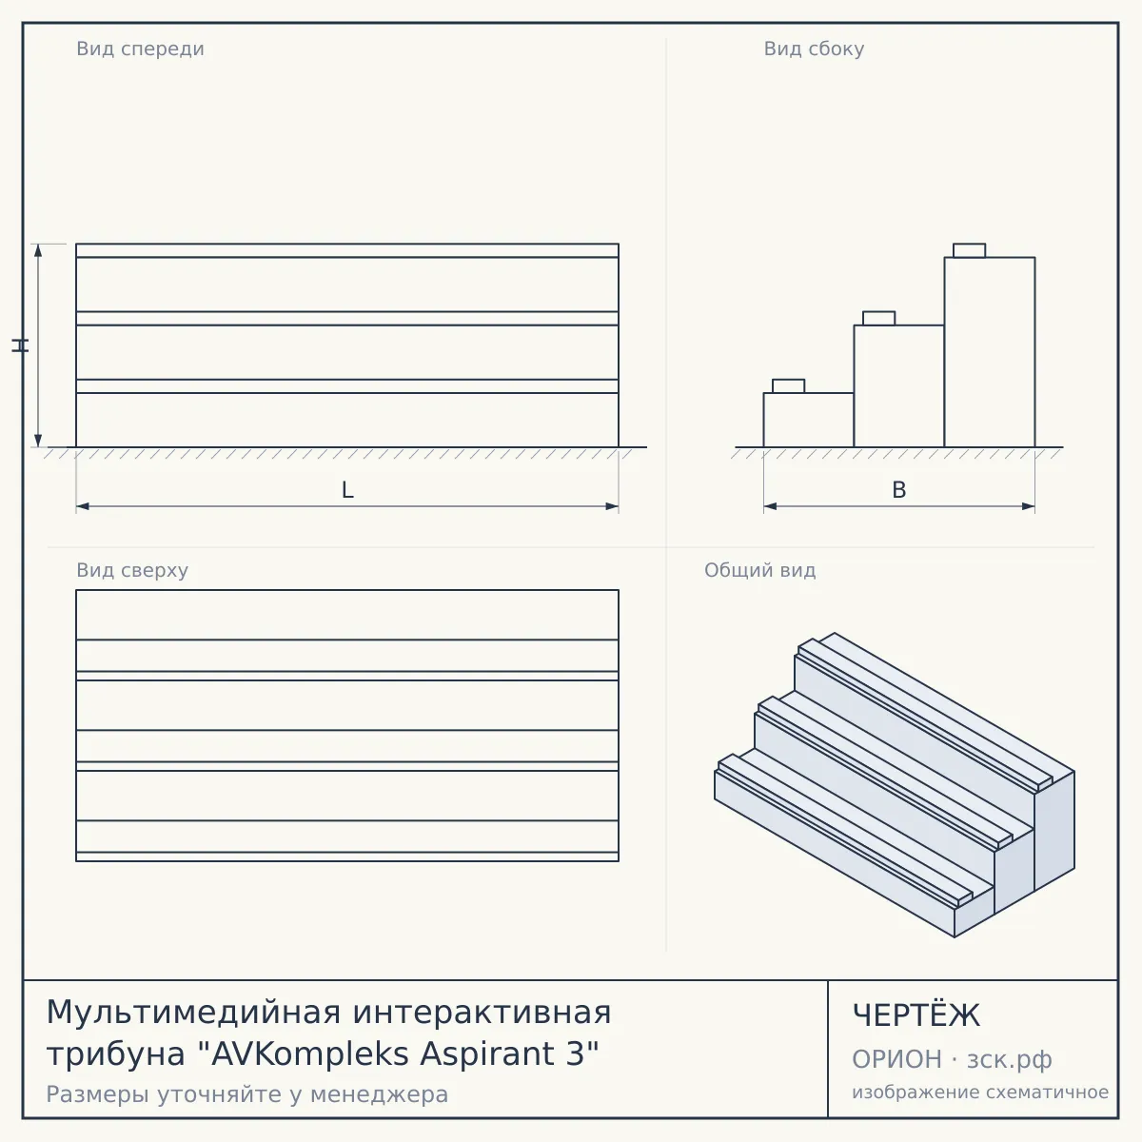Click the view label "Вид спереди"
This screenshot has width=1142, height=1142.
coord(140,49)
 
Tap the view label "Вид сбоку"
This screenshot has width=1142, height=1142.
coord(814,49)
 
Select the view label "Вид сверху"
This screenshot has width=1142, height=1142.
coord(132,570)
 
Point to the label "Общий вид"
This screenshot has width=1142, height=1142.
coord(759,570)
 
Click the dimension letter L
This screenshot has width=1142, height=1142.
coord(347,490)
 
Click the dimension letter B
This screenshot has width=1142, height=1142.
coord(899,490)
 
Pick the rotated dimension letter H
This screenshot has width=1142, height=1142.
coord(20,345)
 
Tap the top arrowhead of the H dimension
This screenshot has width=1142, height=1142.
coord(38,250)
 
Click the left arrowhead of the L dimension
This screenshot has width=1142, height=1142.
coord(83,506)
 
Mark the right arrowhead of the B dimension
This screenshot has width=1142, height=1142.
coord(1028,506)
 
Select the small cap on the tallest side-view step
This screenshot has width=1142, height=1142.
coord(969,250)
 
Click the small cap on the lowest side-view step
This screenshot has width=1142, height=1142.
coord(788,385)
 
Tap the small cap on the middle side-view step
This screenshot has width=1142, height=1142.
coord(879,318)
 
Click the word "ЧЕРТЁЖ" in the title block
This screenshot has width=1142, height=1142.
coord(916,1015)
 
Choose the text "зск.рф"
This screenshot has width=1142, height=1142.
coord(1010,1059)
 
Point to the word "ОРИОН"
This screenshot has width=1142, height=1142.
coord(896,1059)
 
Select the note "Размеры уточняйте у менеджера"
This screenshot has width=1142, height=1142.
coord(247,1094)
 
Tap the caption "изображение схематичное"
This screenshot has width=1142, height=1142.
coord(980,1092)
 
